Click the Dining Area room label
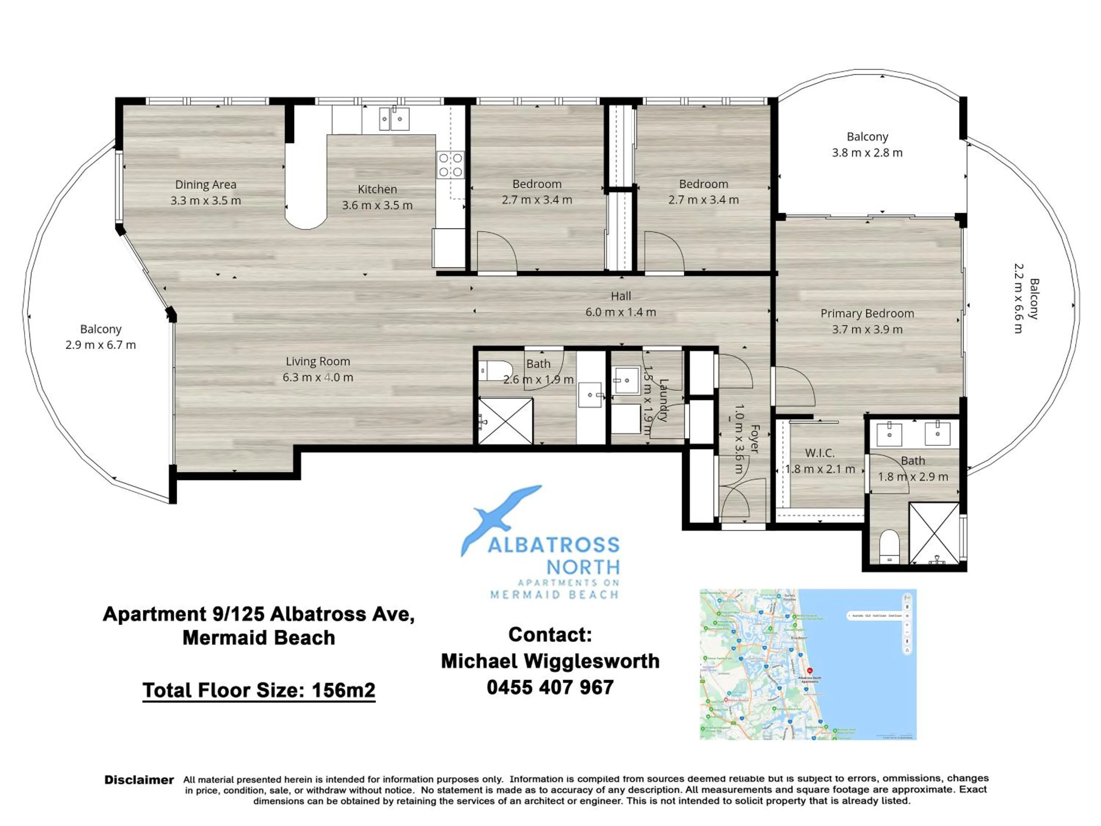point(206,184)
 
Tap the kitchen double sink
point(394,119)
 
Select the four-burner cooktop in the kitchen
point(450,165)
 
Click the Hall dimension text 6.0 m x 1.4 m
point(620,312)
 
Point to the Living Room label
point(317,362)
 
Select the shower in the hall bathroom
point(505,421)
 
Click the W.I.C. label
point(820,453)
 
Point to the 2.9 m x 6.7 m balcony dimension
point(101,345)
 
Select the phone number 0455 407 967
point(550,688)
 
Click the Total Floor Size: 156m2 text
point(259,690)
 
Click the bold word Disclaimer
point(139,780)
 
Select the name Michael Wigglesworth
point(550,661)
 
